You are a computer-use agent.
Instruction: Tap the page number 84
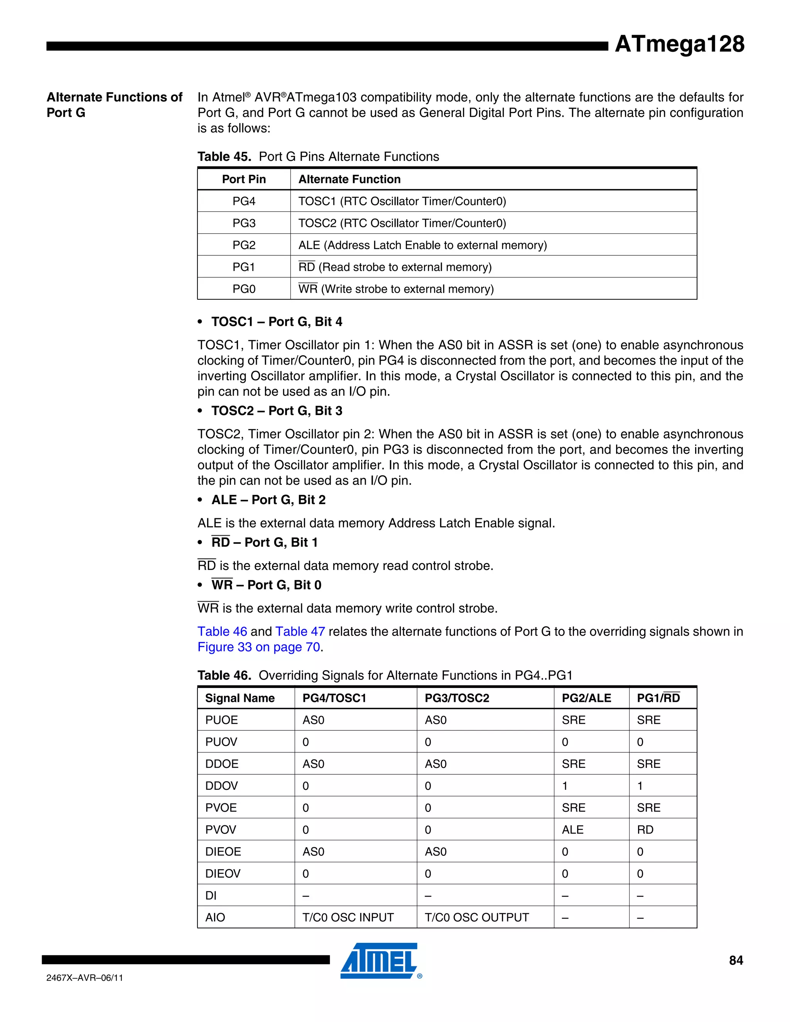coord(736,960)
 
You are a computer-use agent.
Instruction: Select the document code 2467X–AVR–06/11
coord(85,978)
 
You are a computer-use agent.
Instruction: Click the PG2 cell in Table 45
coord(244,245)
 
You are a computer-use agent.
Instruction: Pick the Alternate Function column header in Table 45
coord(349,179)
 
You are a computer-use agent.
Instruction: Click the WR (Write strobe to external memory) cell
coord(396,289)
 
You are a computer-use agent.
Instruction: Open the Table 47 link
coord(300,631)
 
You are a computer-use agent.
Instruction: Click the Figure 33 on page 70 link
coord(259,647)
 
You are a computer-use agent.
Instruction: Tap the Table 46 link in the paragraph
coord(222,631)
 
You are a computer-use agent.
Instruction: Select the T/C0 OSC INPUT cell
coord(348,917)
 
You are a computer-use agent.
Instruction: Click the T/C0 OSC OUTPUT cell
coord(476,917)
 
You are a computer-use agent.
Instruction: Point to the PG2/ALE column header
coord(586,698)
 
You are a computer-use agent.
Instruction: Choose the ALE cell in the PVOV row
coord(572,830)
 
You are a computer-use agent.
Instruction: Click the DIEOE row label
coord(223,851)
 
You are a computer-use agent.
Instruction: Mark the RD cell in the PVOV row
coord(645,830)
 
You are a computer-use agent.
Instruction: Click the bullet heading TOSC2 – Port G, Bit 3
coord(277,411)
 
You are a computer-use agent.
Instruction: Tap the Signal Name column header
coord(240,698)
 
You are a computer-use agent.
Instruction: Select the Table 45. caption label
coord(224,156)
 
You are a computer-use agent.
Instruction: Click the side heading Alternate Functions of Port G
coord(114,105)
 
